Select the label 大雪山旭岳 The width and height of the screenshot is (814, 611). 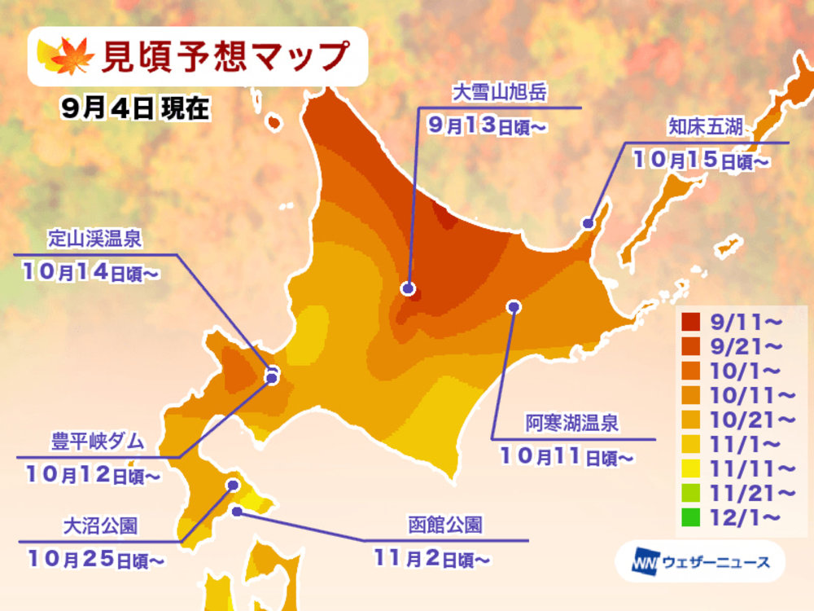[x=497, y=95]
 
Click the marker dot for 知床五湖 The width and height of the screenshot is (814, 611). [x=587, y=222]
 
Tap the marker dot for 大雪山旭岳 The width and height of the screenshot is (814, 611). [x=408, y=288]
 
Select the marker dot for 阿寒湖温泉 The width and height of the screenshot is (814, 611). [x=514, y=306]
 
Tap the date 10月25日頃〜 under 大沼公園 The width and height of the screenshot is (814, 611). [x=96, y=559]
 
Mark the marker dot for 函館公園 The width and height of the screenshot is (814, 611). [x=237, y=512]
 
